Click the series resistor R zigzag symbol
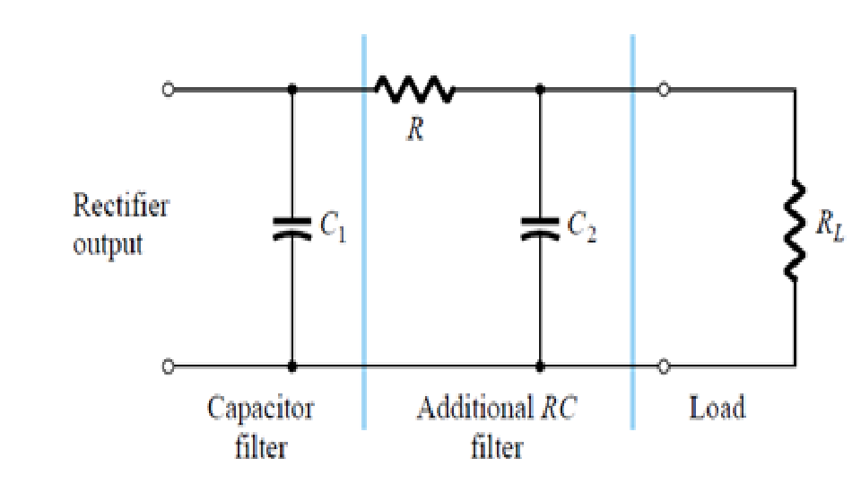point(414,89)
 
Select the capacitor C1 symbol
point(291,227)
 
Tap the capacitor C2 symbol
point(540,227)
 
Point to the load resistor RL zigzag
point(795,230)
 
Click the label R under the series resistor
point(415,129)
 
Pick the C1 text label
point(333,226)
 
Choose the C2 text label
point(581,226)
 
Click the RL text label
point(830,225)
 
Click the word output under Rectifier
point(108,244)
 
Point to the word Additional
point(475,408)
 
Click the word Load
point(717,408)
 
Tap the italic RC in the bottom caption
point(559,408)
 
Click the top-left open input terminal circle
point(169,89)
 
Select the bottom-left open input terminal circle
point(169,366)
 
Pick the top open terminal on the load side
point(664,89)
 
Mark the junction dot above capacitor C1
point(291,89)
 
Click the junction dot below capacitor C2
point(540,366)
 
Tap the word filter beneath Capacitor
point(261,447)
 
